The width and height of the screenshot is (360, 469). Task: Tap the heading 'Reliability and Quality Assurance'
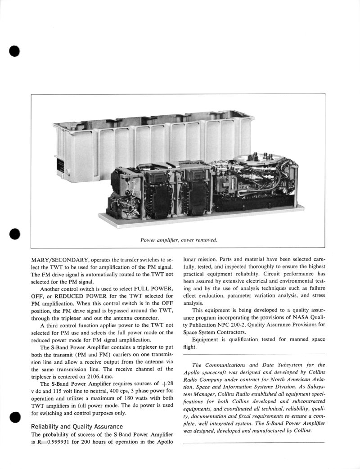77,426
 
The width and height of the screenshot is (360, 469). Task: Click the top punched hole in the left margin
15,50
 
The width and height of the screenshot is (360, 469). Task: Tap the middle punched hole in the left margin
15,234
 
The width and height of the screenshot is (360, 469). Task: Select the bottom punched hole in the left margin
15,417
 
